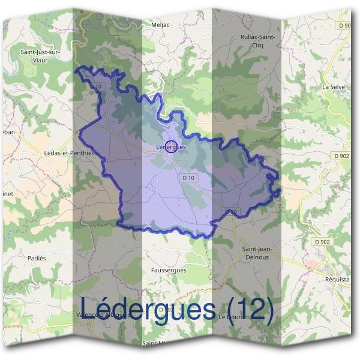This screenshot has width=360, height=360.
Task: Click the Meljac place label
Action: coord(159,25)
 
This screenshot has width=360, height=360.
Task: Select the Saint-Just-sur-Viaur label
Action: coord(40,55)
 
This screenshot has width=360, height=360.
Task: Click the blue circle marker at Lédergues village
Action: coord(171,146)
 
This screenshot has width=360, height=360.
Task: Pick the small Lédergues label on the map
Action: coord(170,146)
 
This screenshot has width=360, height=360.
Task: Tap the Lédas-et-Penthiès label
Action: coord(70,153)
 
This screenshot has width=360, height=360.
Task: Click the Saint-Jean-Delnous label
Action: coord(259,253)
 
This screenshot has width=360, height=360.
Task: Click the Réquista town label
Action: coord(336,280)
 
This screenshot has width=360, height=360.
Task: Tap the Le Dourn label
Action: coord(229,316)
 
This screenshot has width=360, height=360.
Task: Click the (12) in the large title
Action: coord(251,310)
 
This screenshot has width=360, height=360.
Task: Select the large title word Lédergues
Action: coord(148,310)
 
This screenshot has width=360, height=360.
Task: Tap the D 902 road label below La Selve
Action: coord(340,156)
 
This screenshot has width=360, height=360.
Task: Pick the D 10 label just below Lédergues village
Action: coord(188,178)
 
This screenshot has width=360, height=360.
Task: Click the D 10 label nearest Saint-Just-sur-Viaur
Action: coord(96,86)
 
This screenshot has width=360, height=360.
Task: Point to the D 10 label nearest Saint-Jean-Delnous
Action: coord(232,212)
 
